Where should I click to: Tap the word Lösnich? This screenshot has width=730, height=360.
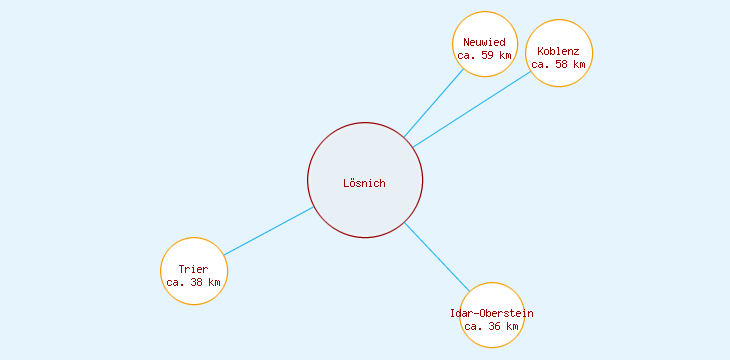(364, 183)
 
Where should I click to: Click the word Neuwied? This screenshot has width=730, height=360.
(485, 42)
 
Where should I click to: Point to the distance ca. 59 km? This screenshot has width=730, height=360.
(484, 56)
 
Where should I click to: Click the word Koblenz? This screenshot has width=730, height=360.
(558, 51)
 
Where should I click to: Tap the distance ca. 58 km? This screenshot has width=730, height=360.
(558, 65)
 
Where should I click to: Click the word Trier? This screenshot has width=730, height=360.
(194, 270)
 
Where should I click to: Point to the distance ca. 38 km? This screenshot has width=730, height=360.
(194, 283)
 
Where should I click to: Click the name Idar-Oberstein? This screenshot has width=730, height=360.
(492, 314)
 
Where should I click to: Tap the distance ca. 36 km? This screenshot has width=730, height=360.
(492, 327)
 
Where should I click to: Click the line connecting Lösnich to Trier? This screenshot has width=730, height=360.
(268, 231)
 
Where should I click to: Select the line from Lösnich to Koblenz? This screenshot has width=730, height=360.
(472, 108)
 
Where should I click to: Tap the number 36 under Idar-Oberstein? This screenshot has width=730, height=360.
(496, 327)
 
